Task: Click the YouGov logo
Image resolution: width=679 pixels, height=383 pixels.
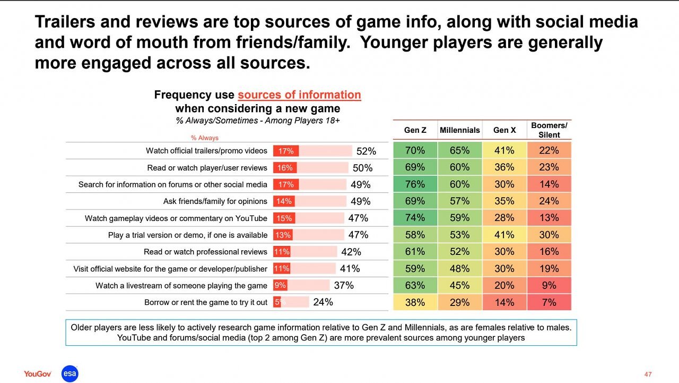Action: [x=37, y=374]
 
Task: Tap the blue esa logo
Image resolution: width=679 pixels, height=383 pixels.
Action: [x=69, y=373]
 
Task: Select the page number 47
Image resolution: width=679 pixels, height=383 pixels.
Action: [x=648, y=375]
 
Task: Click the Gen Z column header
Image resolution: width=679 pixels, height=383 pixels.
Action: [x=415, y=130]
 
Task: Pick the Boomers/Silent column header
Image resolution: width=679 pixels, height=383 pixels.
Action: [x=549, y=130]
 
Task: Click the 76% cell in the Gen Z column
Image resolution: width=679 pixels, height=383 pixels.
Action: [x=415, y=184]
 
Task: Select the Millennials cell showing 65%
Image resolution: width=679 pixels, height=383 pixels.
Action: [x=459, y=150]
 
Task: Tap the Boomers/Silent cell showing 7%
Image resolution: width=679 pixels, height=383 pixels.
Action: [x=549, y=302]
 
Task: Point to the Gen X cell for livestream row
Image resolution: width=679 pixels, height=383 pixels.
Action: [x=504, y=285]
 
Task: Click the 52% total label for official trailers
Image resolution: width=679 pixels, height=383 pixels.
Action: [x=366, y=151]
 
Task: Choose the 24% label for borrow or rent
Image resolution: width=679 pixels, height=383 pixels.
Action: [x=323, y=302]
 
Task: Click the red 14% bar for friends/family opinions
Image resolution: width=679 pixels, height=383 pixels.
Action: [x=284, y=201]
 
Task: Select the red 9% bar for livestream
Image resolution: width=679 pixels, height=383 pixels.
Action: [x=280, y=285]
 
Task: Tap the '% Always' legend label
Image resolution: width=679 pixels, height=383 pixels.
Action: [x=205, y=138]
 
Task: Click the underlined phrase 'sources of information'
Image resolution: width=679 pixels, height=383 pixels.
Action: [x=299, y=95]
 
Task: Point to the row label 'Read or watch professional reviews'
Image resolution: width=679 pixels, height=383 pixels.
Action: [x=205, y=252]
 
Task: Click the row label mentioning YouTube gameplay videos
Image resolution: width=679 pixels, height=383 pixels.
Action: [x=176, y=218]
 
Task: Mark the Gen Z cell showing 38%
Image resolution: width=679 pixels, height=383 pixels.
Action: [x=415, y=302]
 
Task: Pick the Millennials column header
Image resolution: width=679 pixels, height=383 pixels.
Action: [x=459, y=130]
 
